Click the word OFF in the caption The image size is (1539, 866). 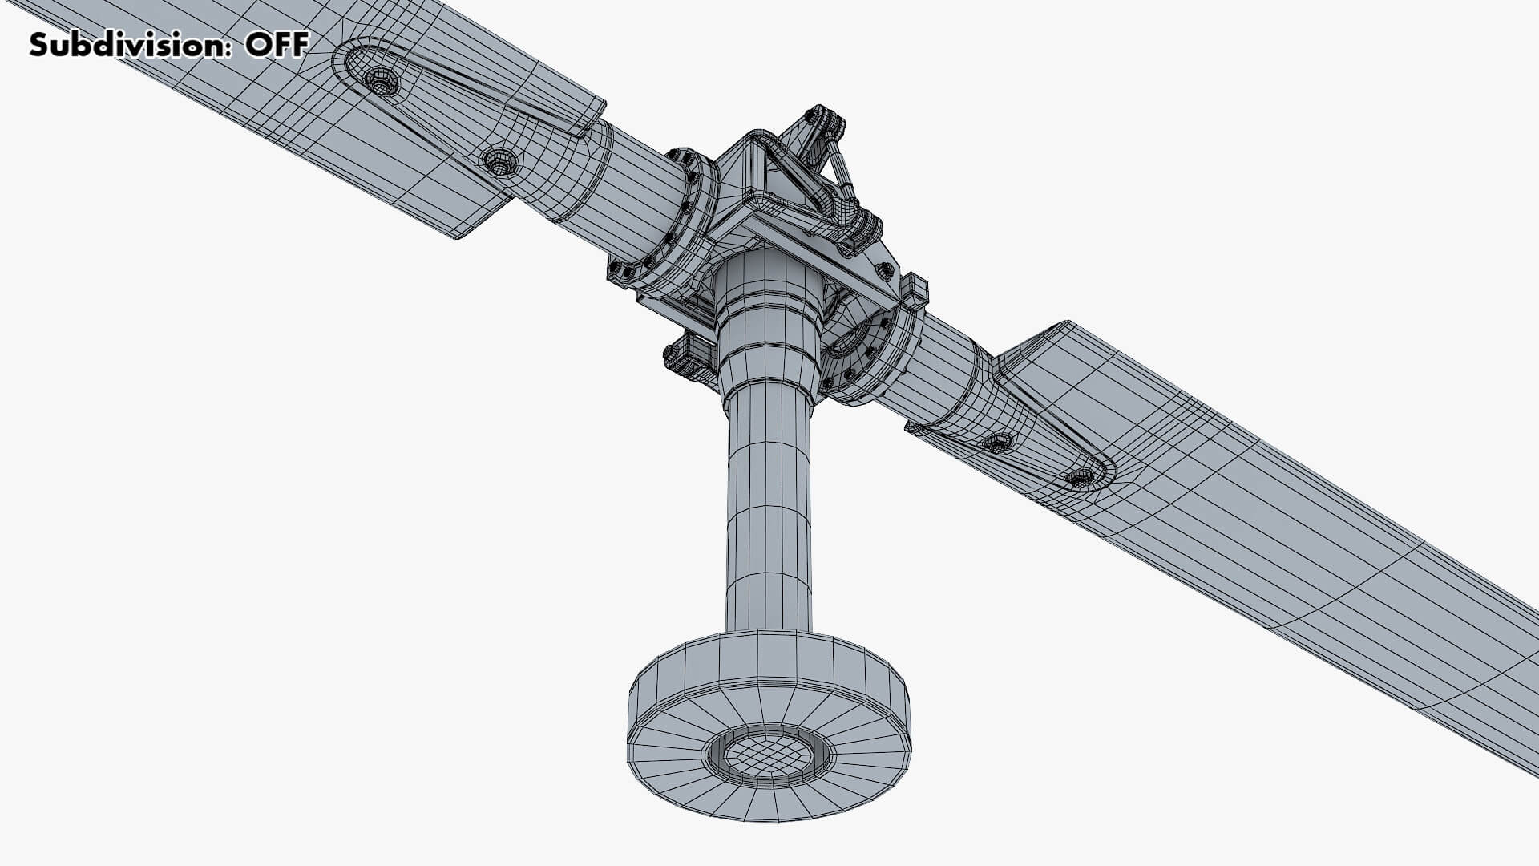click(277, 45)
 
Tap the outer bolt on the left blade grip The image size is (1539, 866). click(381, 81)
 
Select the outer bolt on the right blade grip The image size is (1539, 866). click(1080, 478)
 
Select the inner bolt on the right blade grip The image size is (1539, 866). click(999, 442)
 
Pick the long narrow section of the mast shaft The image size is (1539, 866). click(768, 513)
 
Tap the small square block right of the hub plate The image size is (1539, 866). click(915, 289)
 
